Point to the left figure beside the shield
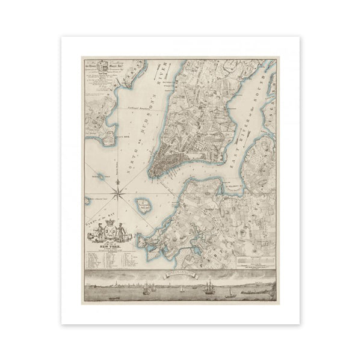click(x=97, y=232)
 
